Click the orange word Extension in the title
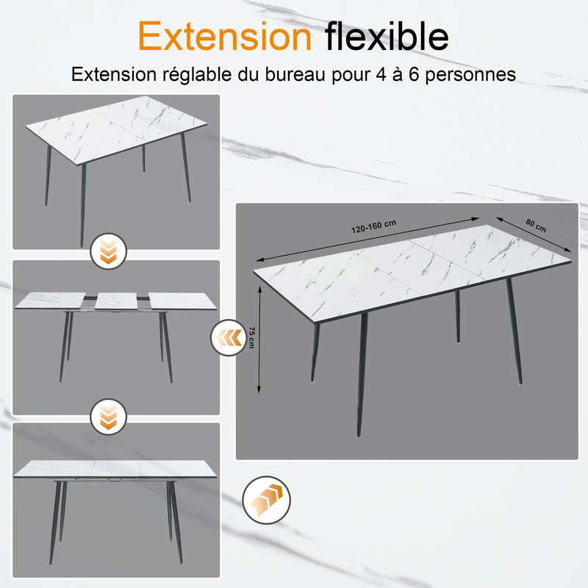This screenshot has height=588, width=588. click(x=225, y=36)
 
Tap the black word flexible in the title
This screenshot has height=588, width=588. click(x=387, y=35)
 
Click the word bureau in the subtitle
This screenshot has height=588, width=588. click(x=295, y=74)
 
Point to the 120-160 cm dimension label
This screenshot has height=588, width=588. click(x=373, y=226)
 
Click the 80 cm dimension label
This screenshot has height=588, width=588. click(x=536, y=226)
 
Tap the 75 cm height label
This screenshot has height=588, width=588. click(x=251, y=337)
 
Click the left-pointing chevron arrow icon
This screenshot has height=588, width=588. click(x=229, y=338)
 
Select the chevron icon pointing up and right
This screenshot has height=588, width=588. click(x=267, y=500)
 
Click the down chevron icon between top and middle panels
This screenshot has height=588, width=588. click(x=109, y=251)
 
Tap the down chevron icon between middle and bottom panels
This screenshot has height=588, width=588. click(x=109, y=417)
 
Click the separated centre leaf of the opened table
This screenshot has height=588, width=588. click(x=116, y=301)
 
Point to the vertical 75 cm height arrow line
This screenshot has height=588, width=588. click(x=259, y=339)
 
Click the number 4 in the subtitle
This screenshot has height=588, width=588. click(x=381, y=74)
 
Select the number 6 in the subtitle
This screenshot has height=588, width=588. click(x=414, y=74)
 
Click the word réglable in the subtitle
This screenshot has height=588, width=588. click(x=197, y=75)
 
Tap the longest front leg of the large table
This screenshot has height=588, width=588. click(x=362, y=375)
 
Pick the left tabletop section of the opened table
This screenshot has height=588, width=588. click(x=51, y=300)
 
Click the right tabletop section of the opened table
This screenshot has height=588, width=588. click(x=182, y=301)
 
